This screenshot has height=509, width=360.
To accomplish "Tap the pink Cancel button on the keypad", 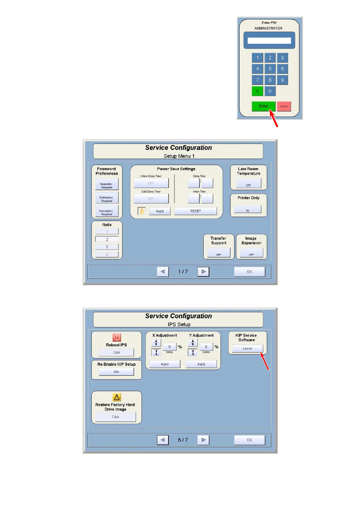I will pyautogui.click(x=284, y=106).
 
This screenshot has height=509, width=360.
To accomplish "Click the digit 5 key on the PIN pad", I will pyautogui.click(x=270, y=69).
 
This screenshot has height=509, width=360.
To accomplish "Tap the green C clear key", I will pyautogui.click(x=257, y=91).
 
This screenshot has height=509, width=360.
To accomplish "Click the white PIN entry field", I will pyautogui.click(x=269, y=41).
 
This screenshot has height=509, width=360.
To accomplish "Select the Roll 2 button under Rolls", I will pyautogui.click(x=107, y=239).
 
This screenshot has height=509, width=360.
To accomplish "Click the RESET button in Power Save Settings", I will pyautogui.click(x=195, y=211).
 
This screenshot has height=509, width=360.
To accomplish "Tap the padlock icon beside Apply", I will pyautogui.click(x=142, y=211).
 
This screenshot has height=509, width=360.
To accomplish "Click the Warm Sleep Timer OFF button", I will pyautogui.click(x=151, y=183).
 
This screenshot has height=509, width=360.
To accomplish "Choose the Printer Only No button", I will pyautogui.click(x=247, y=209).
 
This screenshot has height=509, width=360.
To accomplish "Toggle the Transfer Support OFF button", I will pyautogui.click(x=218, y=253).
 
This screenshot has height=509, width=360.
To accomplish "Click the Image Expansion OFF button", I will pyautogui.click(x=251, y=253).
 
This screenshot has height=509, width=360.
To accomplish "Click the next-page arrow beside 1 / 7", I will pyautogui.click(x=203, y=271).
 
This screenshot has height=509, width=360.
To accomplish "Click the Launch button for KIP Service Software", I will pyautogui.click(x=247, y=349).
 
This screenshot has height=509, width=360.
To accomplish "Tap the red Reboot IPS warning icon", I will pyautogui.click(x=117, y=337).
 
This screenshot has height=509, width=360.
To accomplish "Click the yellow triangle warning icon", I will pyautogui.click(x=117, y=397).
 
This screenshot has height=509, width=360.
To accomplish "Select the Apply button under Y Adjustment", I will pyautogui.click(x=201, y=364).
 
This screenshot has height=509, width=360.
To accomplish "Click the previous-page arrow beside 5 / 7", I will pyautogui.click(x=163, y=440).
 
